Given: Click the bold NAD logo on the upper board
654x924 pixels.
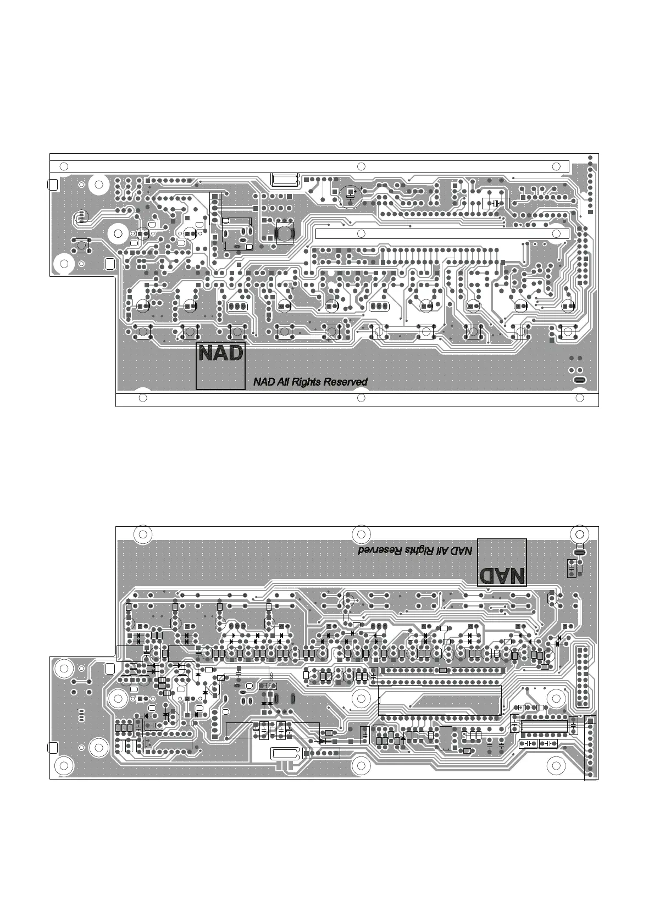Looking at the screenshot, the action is pos(220,353).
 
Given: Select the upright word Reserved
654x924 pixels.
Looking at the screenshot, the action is pos(345,382).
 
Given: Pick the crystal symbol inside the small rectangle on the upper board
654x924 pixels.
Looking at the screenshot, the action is pos(496,204).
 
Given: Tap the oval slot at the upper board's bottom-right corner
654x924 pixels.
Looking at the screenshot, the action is pos(579,381).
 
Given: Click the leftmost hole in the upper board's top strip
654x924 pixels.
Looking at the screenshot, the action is pos(64,166).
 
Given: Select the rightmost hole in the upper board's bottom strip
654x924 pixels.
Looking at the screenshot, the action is pos(579,398).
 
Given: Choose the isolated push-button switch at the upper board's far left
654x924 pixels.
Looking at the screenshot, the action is pos(81,245).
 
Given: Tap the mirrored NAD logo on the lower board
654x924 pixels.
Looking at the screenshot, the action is pos(502,575).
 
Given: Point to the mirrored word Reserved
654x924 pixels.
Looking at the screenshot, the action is pos(380,550).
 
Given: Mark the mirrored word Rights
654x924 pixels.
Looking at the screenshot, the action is pos(422,550).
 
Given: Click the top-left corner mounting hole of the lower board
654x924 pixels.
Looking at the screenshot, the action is pos(143,534).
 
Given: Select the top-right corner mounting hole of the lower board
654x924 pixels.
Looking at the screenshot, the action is pos(579,533).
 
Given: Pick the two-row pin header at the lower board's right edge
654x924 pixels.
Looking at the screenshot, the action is pos(582,677).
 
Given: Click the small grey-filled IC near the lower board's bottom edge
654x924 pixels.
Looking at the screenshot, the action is pos(446,738).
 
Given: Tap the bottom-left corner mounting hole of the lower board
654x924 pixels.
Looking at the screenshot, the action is pos(64,765).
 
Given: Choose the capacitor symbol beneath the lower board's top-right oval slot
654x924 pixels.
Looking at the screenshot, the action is pos(572,569).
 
